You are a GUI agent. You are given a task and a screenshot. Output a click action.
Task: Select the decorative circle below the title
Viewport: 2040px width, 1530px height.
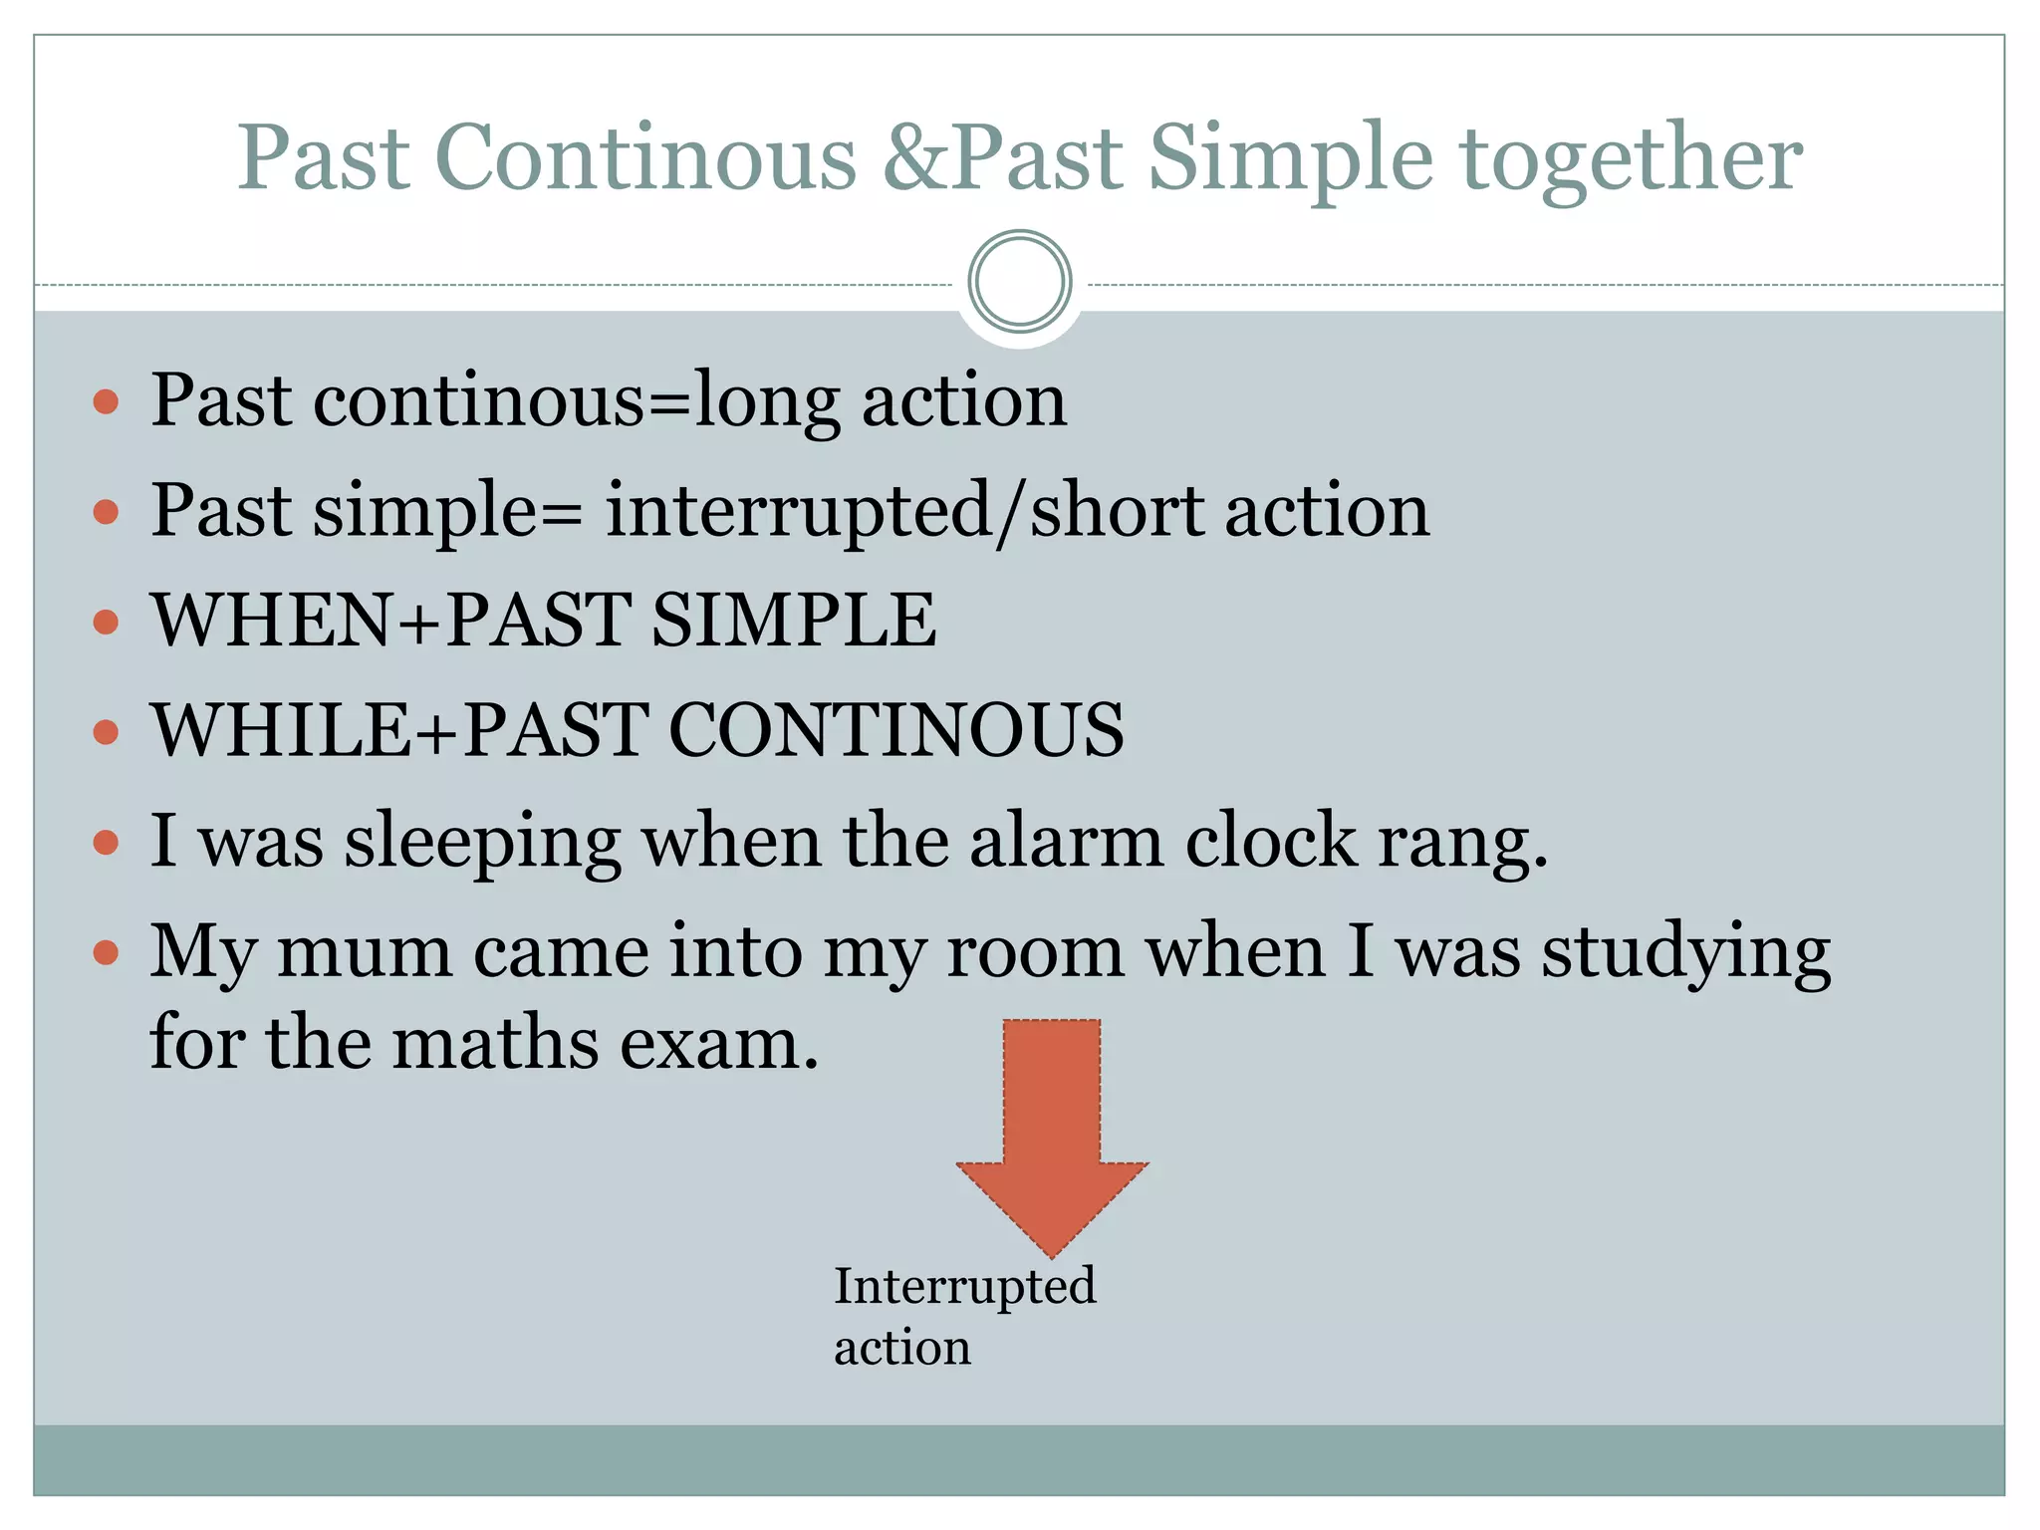[x=1019, y=282]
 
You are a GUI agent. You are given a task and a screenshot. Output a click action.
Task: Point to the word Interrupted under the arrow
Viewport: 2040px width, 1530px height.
[x=964, y=1286]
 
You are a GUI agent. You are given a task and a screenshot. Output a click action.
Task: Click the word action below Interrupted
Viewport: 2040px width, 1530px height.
[x=901, y=1348]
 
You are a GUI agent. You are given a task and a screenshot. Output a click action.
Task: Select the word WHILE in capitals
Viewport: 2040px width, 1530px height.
[x=280, y=730]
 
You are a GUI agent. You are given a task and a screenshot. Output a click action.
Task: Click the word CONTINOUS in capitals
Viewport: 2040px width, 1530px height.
[x=895, y=730]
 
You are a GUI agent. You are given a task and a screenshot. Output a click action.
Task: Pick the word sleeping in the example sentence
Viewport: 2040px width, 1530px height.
[x=482, y=843]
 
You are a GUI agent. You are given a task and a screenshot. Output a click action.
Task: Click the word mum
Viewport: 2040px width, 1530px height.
[x=364, y=951]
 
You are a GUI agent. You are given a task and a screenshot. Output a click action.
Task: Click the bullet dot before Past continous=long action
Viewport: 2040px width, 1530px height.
[x=106, y=402]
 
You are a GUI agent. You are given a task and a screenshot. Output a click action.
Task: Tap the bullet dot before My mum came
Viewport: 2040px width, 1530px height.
[x=106, y=953]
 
